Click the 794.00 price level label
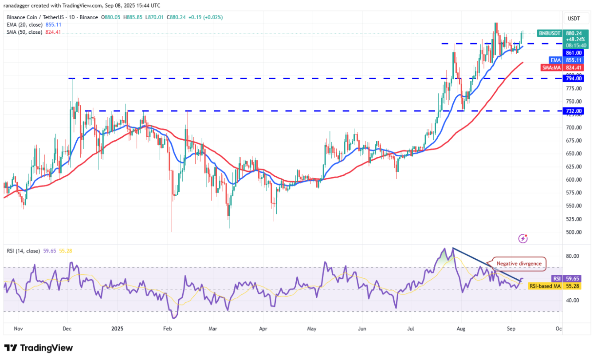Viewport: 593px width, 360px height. (x=573, y=79)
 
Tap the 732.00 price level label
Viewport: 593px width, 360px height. (x=573, y=111)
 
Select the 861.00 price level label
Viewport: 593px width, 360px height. (x=573, y=53)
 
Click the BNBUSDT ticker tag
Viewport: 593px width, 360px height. (x=550, y=33)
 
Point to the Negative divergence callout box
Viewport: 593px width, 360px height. (x=518, y=263)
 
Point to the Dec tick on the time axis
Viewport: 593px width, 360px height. (x=67, y=329)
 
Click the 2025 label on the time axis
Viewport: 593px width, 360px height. (x=118, y=329)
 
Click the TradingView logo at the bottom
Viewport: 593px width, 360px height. (x=39, y=348)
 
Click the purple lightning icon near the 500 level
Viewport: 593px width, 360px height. (x=523, y=239)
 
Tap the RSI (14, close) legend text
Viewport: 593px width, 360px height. (x=23, y=251)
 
